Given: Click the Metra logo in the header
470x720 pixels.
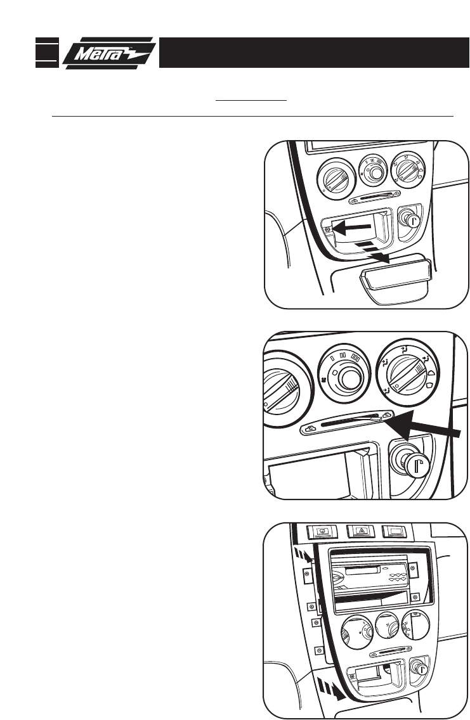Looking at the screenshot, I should (109, 52).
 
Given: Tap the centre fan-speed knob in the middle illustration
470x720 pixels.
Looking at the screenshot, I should (346, 379).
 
